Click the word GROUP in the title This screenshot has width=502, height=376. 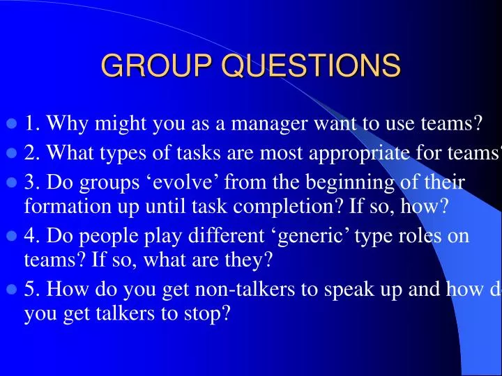coord(158,66)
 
